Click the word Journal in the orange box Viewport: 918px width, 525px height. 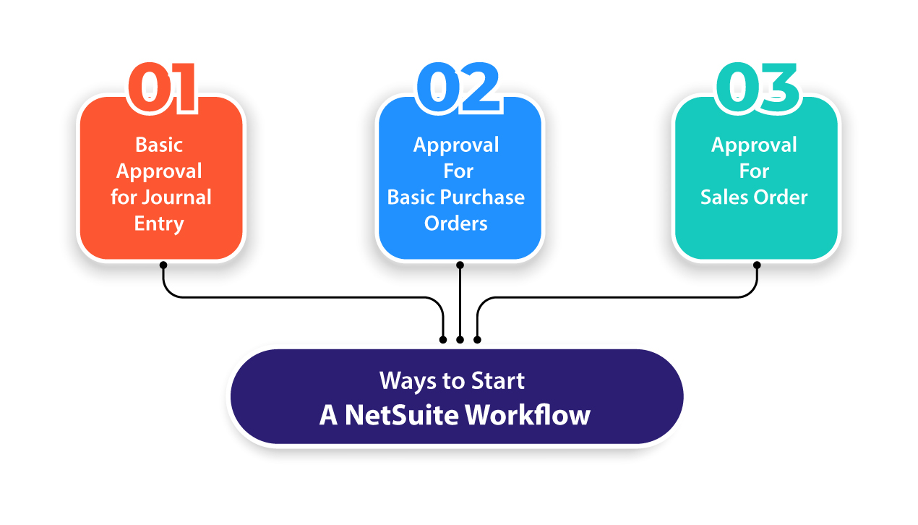coord(177,197)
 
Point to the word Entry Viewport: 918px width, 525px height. coord(159,223)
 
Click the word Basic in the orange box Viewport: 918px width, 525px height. coord(159,145)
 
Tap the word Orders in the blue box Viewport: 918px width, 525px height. coord(456,223)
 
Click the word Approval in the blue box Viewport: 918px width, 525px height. coord(456,145)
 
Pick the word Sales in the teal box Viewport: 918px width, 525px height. coord(724,197)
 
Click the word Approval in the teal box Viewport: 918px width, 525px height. coord(754,145)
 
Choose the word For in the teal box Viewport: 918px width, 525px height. coord(754,171)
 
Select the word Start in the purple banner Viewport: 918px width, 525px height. coord(498,380)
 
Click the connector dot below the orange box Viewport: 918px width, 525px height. coord(163,265)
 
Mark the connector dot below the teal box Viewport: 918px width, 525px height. coord(757,265)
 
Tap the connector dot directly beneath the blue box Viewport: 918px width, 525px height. coord(460,265)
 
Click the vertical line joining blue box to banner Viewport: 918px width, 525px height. coord(460,304)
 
